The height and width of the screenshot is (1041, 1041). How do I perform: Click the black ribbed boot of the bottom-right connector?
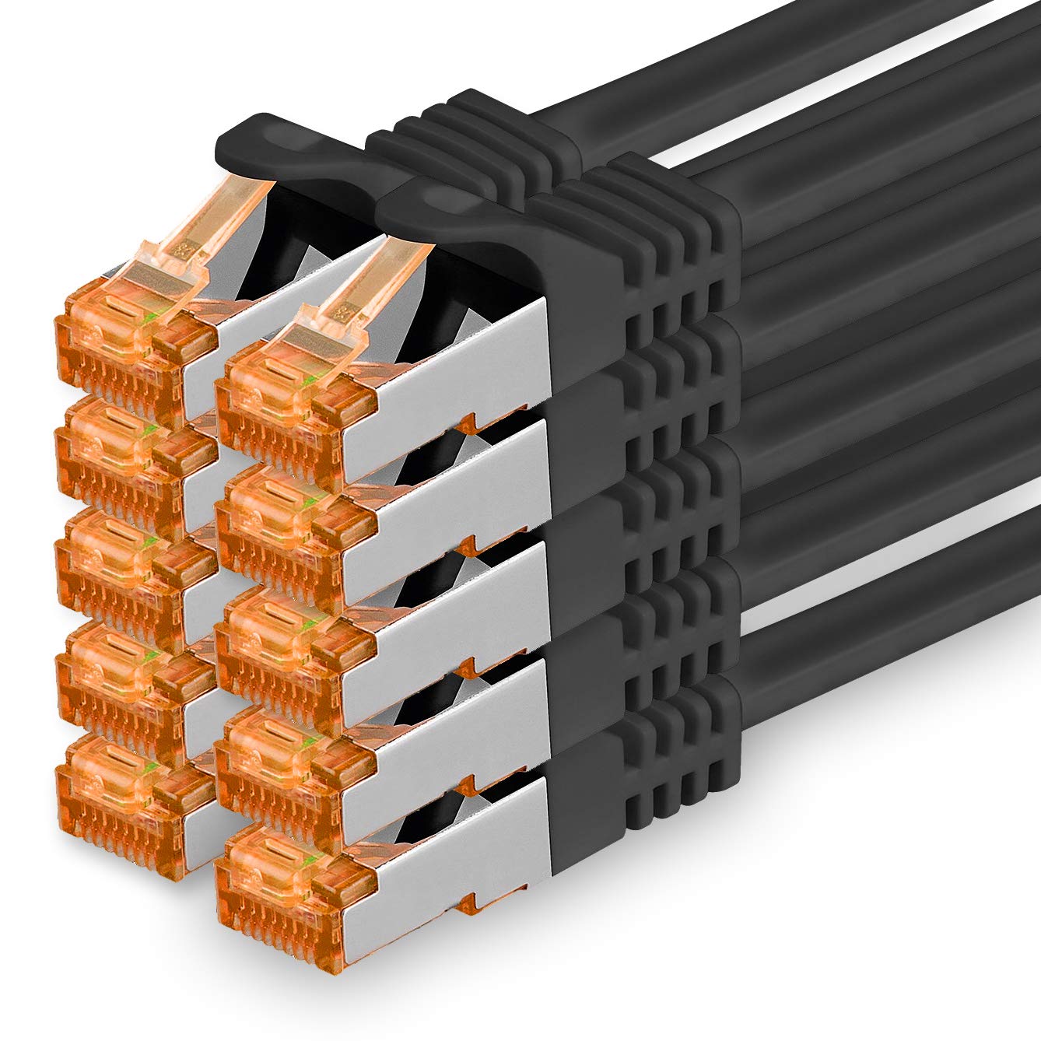click(638, 770)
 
